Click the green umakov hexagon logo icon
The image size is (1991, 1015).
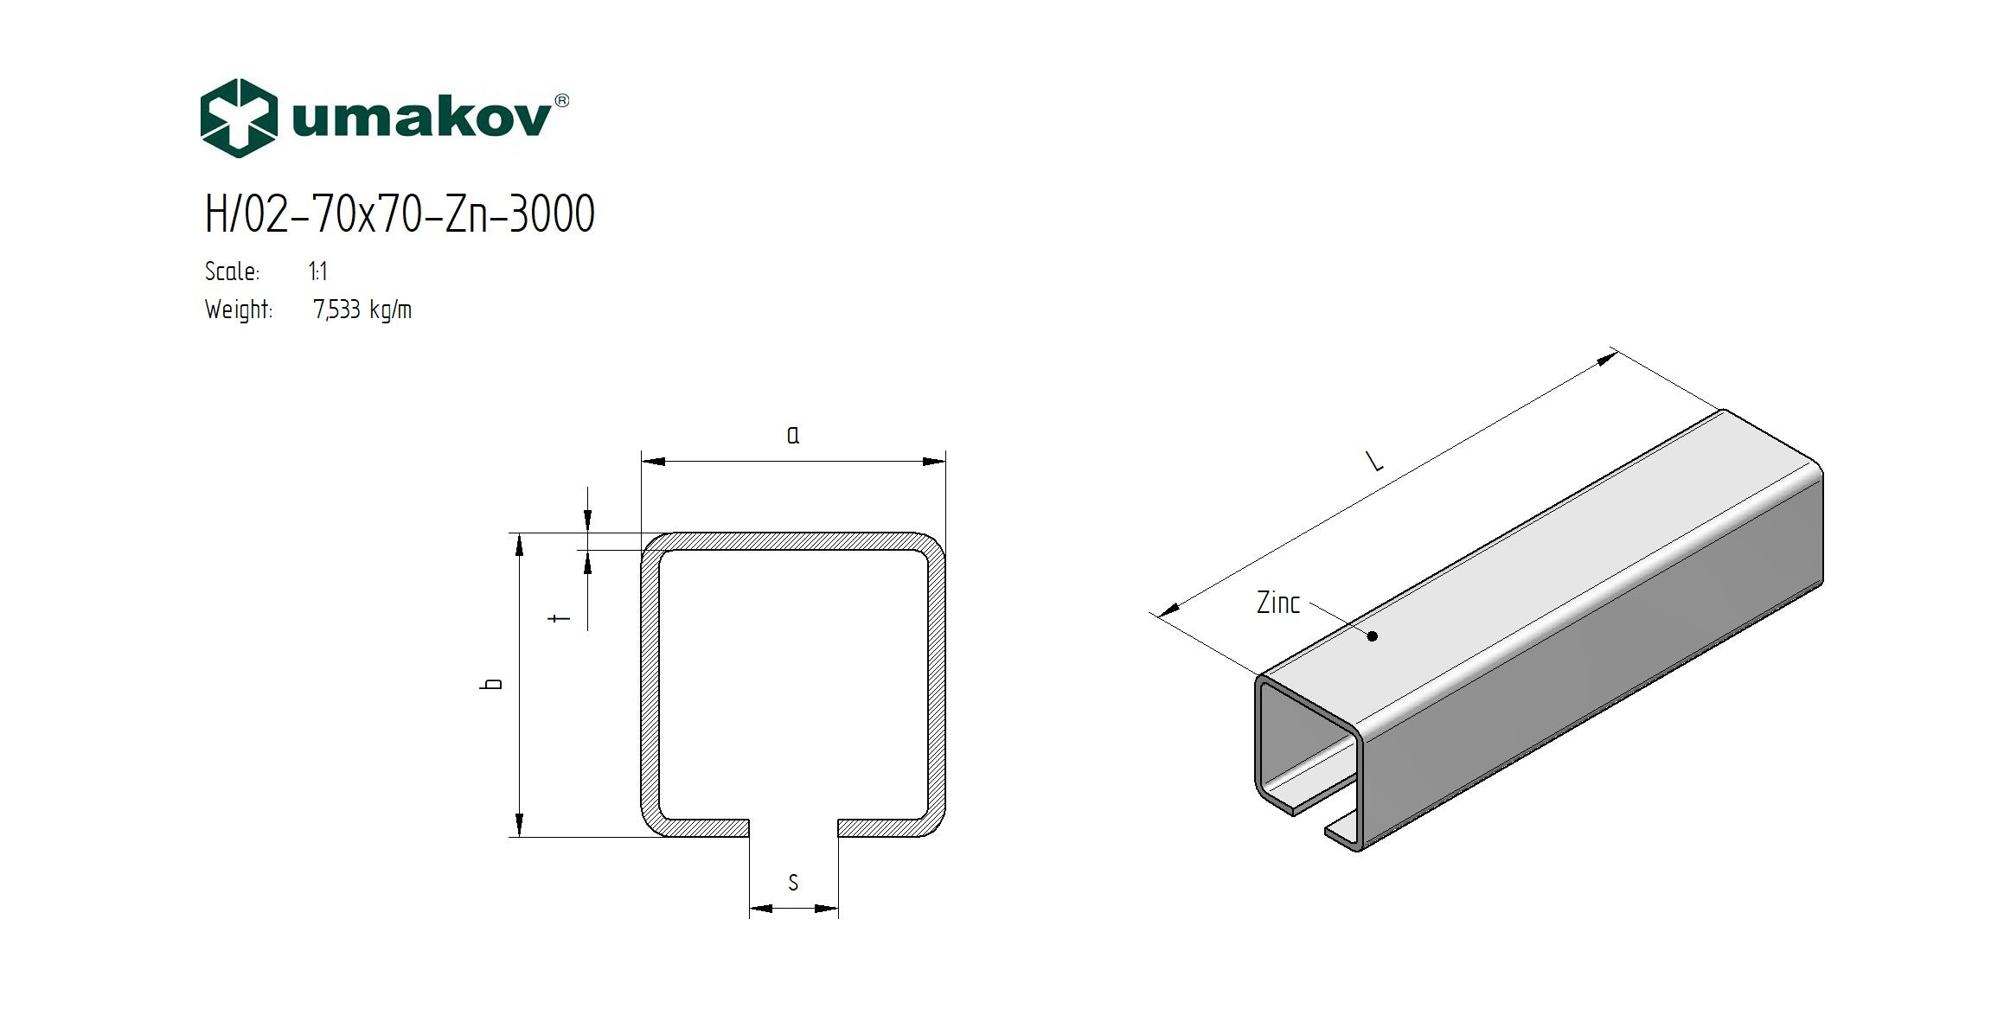pyautogui.click(x=239, y=118)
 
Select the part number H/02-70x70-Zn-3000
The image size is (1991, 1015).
pyautogui.click(x=400, y=214)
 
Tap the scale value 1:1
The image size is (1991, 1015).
pyautogui.click(x=317, y=271)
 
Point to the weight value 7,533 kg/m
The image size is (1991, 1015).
pyautogui.click(x=362, y=310)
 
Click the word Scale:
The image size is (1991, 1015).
pyautogui.click(x=232, y=271)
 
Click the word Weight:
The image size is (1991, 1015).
pyautogui.click(x=239, y=310)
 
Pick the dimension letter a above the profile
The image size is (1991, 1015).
pyautogui.click(x=793, y=435)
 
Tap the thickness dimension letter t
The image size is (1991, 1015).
pyautogui.click(x=562, y=618)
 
